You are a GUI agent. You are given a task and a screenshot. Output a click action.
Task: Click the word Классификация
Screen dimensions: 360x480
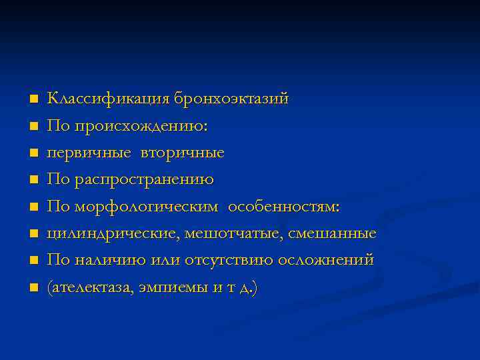[x=109, y=99]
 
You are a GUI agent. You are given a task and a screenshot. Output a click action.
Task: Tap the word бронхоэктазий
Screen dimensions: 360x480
[x=231, y=99]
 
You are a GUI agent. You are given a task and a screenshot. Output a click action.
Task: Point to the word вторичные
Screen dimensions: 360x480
[x=183, y=153]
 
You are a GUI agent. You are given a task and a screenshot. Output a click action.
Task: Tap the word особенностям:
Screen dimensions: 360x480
[x=284, y=207]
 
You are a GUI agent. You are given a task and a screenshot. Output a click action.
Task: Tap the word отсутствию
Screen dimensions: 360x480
[x=225, y=261]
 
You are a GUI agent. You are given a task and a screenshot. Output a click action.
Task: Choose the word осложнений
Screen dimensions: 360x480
[x=327, y=261]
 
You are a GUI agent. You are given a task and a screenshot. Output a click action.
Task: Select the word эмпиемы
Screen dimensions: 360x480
[x=167, y=289]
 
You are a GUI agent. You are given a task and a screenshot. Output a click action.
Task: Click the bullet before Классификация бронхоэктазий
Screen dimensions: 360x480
[x=33, y=99]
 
